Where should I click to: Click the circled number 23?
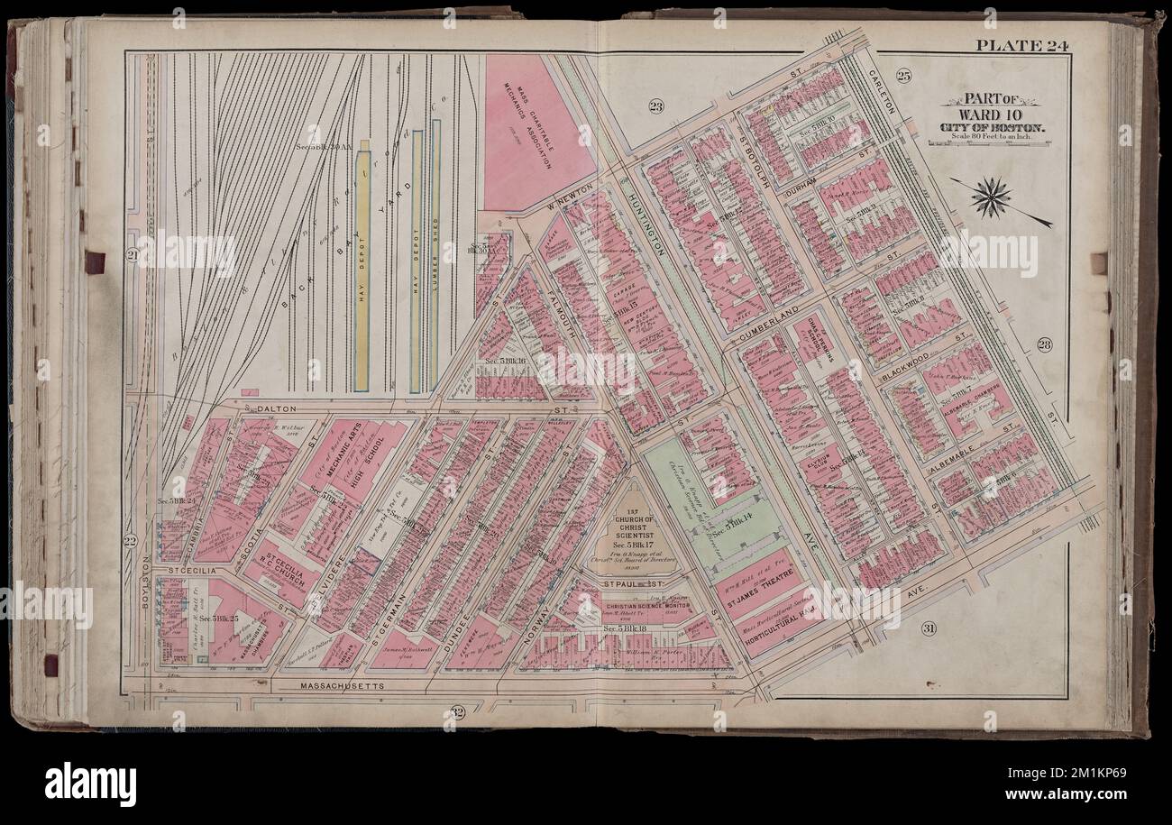click(656, 107)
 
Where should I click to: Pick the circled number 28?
click(1044, 343)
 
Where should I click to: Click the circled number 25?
click(904, 76)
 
